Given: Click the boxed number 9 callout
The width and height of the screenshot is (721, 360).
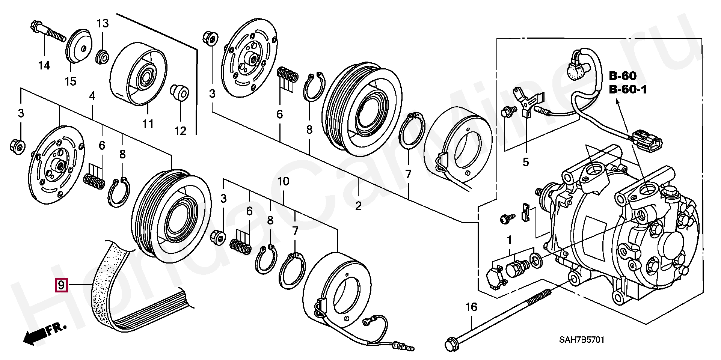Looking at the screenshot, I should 61,285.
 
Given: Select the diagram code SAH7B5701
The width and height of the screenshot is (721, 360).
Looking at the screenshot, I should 582,340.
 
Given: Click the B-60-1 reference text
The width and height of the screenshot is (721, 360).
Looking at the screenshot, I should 628,90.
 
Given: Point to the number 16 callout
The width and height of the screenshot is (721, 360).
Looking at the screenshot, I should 471,307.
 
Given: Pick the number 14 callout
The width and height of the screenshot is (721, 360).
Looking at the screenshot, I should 44,65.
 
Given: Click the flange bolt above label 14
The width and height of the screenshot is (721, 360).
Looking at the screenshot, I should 47,32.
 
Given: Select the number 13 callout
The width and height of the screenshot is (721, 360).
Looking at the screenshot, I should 103,23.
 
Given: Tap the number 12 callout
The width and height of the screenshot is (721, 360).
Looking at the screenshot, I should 180,131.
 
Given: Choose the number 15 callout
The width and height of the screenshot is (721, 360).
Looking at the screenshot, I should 70,81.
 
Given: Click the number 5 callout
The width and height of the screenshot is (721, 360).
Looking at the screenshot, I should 525,162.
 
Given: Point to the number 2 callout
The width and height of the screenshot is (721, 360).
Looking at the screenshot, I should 358,205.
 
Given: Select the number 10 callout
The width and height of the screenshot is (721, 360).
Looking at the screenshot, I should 283,182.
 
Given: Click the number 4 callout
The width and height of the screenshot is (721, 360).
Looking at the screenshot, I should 92,96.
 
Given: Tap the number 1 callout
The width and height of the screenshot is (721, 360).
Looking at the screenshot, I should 509,239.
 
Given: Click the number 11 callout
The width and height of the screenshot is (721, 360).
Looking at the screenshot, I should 148,123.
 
